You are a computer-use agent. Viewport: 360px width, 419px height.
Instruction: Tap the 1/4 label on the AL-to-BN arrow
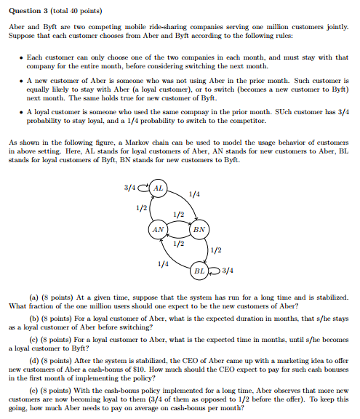(193, 194)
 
